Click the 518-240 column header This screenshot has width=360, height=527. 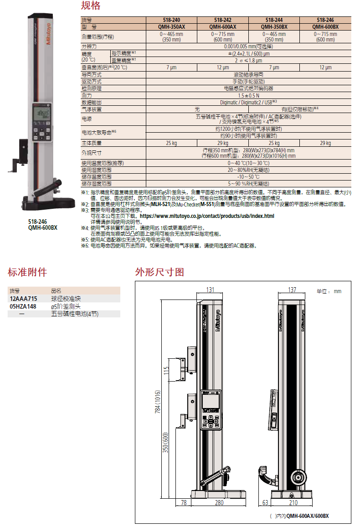171,20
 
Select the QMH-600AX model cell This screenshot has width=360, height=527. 223,27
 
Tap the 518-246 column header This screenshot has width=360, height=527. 325,20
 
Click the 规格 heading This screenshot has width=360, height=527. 91,5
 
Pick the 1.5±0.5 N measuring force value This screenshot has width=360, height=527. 248,95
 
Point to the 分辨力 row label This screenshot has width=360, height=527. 89,46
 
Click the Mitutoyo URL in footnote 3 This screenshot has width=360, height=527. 207,216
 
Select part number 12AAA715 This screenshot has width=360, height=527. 24,299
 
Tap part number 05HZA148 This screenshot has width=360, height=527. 23,306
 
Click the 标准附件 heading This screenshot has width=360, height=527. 27,272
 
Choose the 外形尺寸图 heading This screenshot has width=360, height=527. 159,272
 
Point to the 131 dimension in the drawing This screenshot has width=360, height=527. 210,289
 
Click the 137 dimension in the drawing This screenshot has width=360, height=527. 292,289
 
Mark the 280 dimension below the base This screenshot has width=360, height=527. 219,502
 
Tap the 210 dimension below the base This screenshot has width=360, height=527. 293,502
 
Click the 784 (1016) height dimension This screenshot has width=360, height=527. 158,402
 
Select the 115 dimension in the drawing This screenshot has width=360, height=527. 166,371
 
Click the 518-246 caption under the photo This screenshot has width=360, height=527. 37,222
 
